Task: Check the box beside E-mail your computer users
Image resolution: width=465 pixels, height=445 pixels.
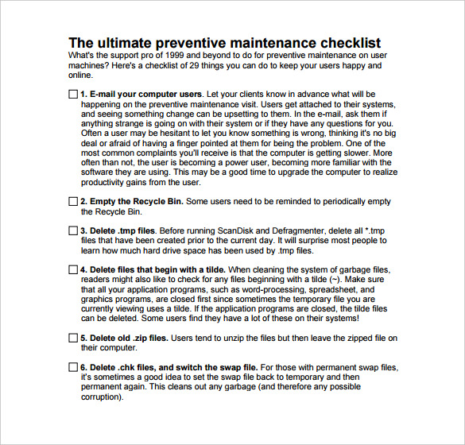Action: click(x=73, y=94)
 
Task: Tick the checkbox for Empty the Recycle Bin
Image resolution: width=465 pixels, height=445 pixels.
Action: click(x=73, y=202)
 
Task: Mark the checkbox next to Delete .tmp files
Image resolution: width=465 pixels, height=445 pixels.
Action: click(x=73, y=230)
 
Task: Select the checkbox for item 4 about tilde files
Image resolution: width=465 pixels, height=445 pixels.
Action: click(x=73, y=270)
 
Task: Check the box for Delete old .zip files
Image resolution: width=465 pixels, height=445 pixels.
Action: click(x=73, y=338)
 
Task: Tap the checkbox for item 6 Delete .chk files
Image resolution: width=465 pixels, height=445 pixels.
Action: click(x=73, y=367)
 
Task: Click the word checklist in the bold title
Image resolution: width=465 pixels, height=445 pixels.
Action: click(x=347, y=43)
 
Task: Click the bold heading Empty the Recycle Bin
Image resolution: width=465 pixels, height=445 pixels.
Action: click(x=133, y=202)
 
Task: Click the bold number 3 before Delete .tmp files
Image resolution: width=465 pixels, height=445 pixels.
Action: click(x=83, y=230)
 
